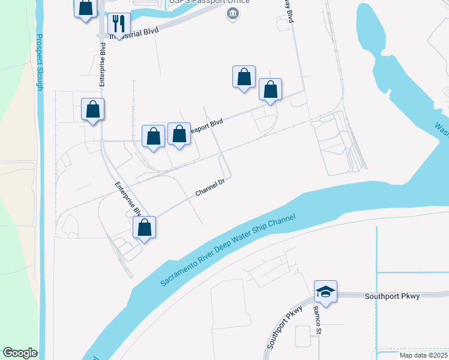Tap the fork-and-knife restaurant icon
tap(118, 24)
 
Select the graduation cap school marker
tap(325, 292)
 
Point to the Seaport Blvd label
tap(206, 127)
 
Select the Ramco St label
tap(318, 319)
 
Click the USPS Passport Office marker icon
tap(232, 13)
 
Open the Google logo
tap(19, 352)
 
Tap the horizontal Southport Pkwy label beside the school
tap(392, 296)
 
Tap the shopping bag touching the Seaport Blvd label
tap(179, 134)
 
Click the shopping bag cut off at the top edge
tap(86, 8)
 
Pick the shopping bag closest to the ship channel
tap(144, 227)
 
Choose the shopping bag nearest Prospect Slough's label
tap(92, 110)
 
